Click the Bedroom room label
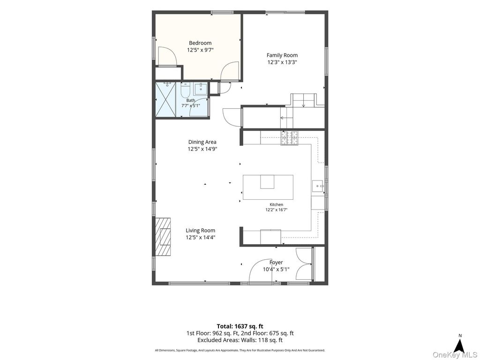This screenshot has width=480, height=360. pos(200,43)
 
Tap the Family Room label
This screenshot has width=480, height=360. pos(282,55)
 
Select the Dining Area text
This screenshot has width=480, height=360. pos(202,142)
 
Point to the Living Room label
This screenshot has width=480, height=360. pos(201,231)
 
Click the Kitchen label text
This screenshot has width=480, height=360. pos(276,204)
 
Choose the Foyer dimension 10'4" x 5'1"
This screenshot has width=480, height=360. pos(276,270)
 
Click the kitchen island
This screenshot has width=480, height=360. pos(268,187)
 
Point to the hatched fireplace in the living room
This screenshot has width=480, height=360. pos(163,236)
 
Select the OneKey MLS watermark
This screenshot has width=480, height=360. pos(455,355)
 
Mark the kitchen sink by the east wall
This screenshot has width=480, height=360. pos(318,186)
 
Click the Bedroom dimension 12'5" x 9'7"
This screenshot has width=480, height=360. pos(200,50)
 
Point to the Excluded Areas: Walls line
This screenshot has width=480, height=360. pos(240,340)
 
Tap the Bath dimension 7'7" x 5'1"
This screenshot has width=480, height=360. pos(190,105)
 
